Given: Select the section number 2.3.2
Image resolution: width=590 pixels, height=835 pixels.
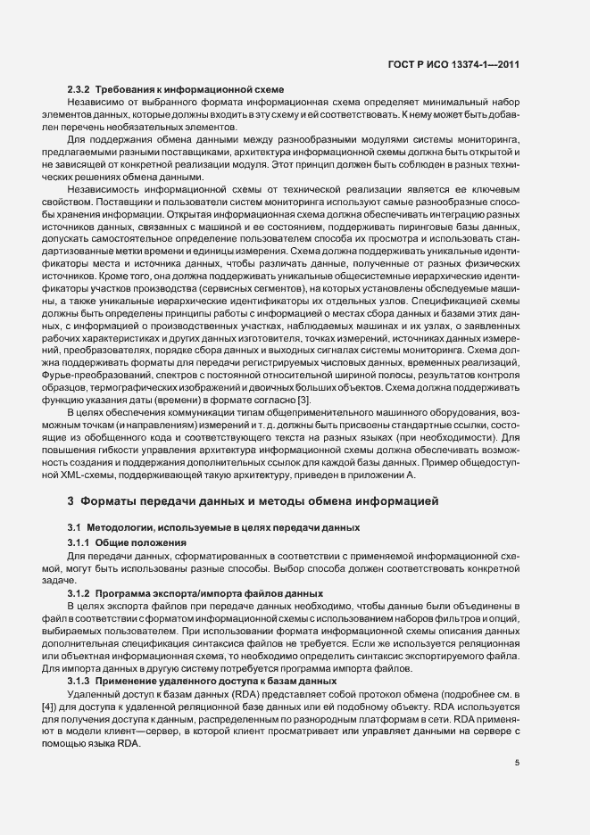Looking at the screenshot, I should pyautogui.click(x=79, y=90).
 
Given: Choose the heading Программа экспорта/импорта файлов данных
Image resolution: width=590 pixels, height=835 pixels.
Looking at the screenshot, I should pyautogui.click(x=204, y=593).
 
